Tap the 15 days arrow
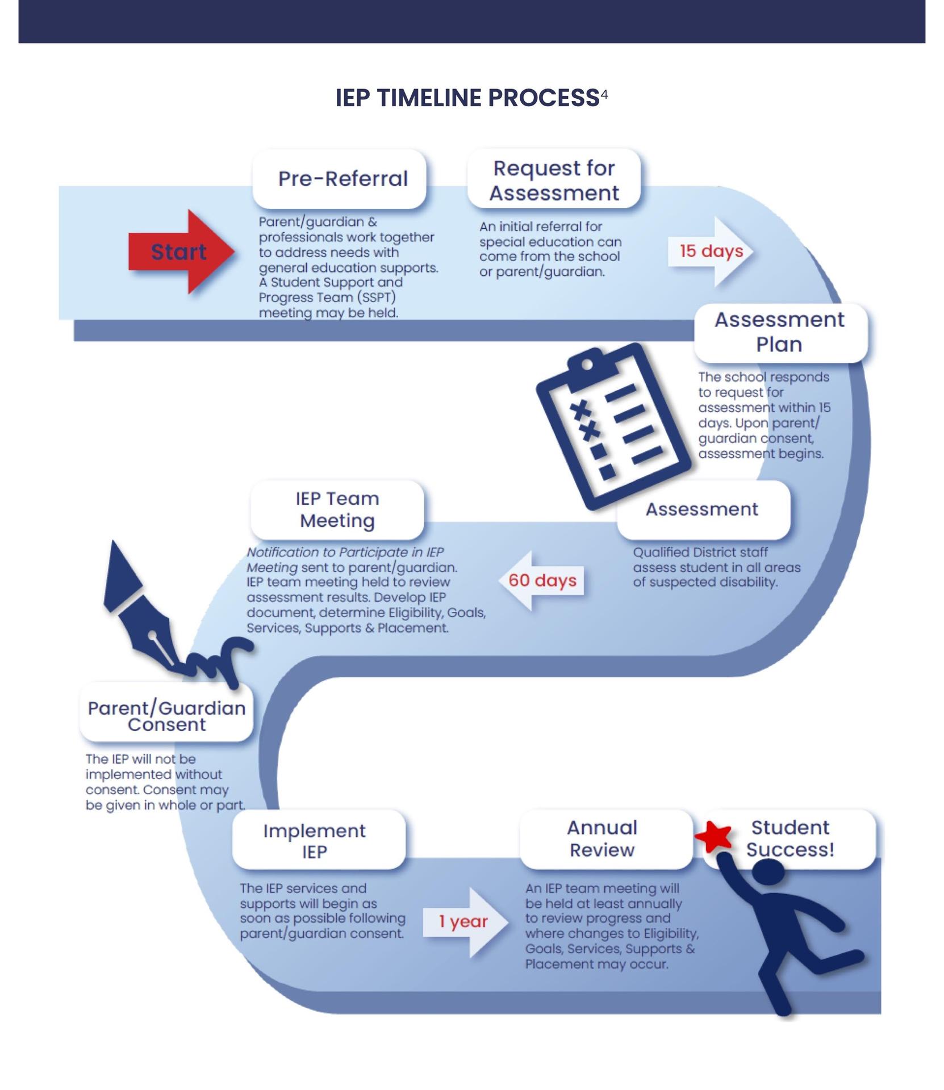point(711,251)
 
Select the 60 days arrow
point(542,580)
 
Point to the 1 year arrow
point(465,921)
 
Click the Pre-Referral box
point(339,179)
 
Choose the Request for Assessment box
point(554,179)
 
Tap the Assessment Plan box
point(780,333)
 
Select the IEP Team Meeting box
point(337,509)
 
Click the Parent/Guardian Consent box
point(166,715)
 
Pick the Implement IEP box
point(319,841)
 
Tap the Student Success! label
point(790,839)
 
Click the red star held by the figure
point(713,836)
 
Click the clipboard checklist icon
point(613,426)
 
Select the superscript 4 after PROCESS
point(604,94)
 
